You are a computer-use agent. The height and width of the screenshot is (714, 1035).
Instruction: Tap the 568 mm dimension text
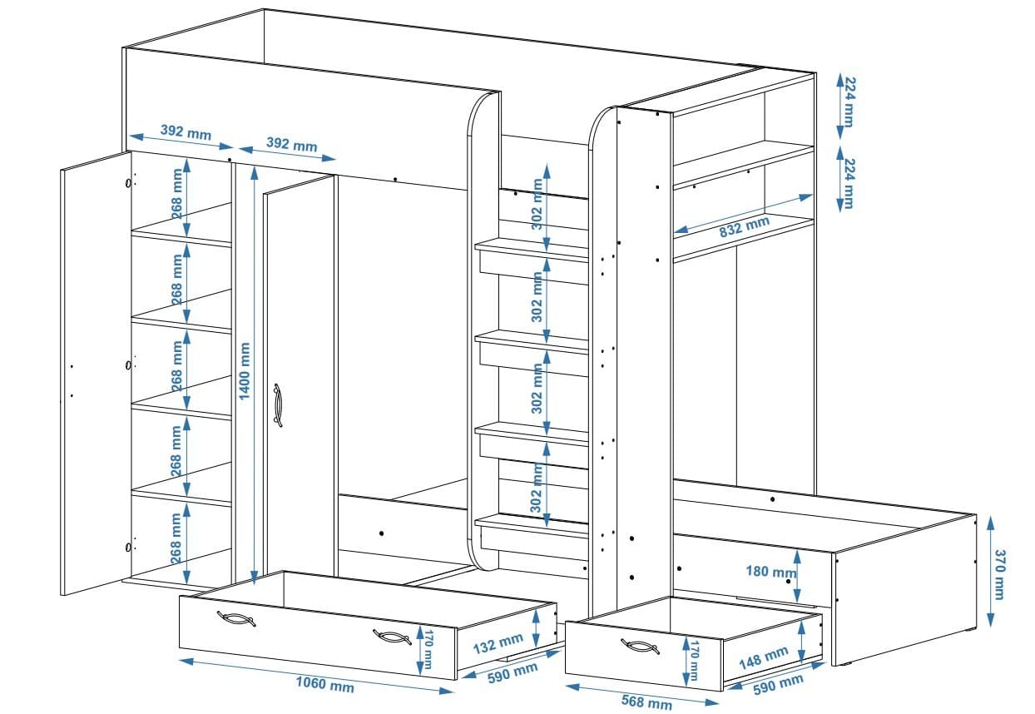[x=646, y=702]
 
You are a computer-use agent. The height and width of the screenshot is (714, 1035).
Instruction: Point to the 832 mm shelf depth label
[x=744, y=227]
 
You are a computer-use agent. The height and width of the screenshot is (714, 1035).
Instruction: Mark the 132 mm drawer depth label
[x=498, y=645]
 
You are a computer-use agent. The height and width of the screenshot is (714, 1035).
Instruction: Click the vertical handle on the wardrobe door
[x=278, y=405]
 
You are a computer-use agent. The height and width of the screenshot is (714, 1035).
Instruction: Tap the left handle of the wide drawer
[x=235, y=618]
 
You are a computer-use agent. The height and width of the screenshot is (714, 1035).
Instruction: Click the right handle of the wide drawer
[x=391, y=637]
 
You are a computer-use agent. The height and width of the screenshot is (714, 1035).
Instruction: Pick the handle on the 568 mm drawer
[x=640, y=647]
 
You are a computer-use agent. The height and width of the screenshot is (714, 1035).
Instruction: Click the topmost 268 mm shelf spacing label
[x=176, y=194]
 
